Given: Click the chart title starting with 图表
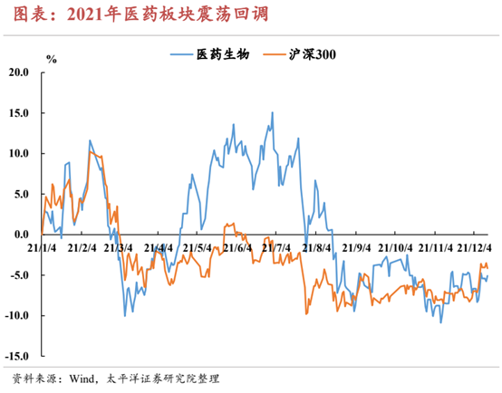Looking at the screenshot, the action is pyautogui.click(x=140, y=14).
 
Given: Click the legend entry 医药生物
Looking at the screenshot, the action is pyautogui.click(x=209, y=54).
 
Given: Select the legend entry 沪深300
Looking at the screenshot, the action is pyautogui.click(x=299, y=54).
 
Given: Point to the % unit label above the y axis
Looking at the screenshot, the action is pyautogui.click(x=52, y=59).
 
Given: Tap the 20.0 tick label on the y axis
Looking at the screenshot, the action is pyautogui.click(x=18, y=72).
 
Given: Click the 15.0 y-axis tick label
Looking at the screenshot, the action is pyautogui.click(x=18, y=113).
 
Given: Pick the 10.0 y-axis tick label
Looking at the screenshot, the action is pyautogui.click(x=18, y=153).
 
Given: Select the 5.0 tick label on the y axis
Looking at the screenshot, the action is pyautogui.click(x=21, y=194).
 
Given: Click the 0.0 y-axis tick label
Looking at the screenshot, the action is pyautogui.click(x=21, y=235).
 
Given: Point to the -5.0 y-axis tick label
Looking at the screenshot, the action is pyautogui.click(x=19, y=275).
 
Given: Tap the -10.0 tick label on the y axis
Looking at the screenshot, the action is pyautogui.click(x=16, y=315).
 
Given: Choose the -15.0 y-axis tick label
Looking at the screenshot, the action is pyautogui.click(x=16, y=356).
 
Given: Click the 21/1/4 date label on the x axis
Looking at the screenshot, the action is pyautogui.click(x=42, y=248).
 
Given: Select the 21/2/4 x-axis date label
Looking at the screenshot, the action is pyautogui.click(x=82, y=248).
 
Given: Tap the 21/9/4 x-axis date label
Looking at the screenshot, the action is pyautogui.click(x=356, y=248).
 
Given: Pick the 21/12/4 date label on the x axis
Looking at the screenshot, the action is pyautogui.click(x=474, y=248).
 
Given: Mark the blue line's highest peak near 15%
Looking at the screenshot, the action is pyautogui.click(x=273, y=112).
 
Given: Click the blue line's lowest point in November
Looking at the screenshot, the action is pyautogui.click(x=441, y=322).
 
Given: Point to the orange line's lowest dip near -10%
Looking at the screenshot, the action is pyautogui.click(x=306, y=314).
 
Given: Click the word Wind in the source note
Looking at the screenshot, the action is pyautogui.click(x=82, y=379).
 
